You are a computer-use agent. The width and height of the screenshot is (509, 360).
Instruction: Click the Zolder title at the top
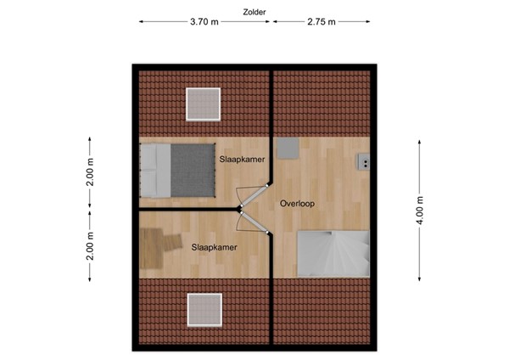pos(254,11)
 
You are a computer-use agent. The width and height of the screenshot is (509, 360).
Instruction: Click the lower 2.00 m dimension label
pos(91,246)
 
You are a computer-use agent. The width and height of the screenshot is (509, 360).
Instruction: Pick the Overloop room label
pos(297,204)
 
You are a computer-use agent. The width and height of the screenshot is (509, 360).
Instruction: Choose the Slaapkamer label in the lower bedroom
pos(213,247)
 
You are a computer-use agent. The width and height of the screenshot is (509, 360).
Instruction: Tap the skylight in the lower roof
pos(204,309)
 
